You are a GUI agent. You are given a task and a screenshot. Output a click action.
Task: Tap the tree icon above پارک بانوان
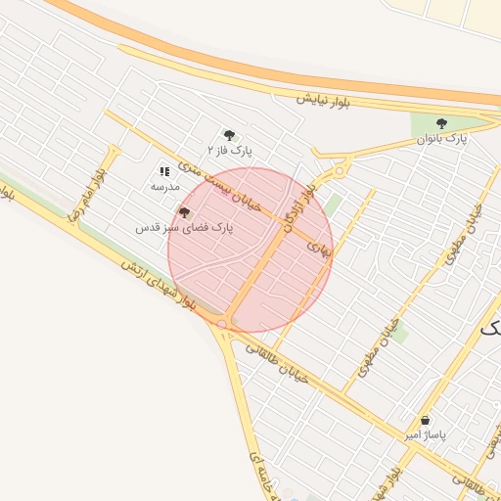tap(441, 124)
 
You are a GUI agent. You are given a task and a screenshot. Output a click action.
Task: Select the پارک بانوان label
tap(442, 139)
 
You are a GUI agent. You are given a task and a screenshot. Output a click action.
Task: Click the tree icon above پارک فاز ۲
tap(230, 135)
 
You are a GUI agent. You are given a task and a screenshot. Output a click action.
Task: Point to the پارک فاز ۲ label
tap(230, 151)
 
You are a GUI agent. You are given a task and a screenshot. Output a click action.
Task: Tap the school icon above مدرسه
tap(164, 170)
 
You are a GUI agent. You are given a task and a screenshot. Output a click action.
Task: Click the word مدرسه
tap(164, 185)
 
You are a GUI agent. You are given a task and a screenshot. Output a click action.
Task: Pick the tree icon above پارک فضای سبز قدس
tap(184, 211)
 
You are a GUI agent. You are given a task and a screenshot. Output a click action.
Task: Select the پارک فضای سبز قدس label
tap(185, 227)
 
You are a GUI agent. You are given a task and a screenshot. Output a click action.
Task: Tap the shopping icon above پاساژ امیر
tap(425, 420)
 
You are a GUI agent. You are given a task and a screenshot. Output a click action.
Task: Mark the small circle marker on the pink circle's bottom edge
tap(222, 323)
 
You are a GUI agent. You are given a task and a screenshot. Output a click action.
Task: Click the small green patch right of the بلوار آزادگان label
tap(334, 205)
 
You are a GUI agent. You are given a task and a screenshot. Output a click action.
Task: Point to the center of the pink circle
tap(250, 250)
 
